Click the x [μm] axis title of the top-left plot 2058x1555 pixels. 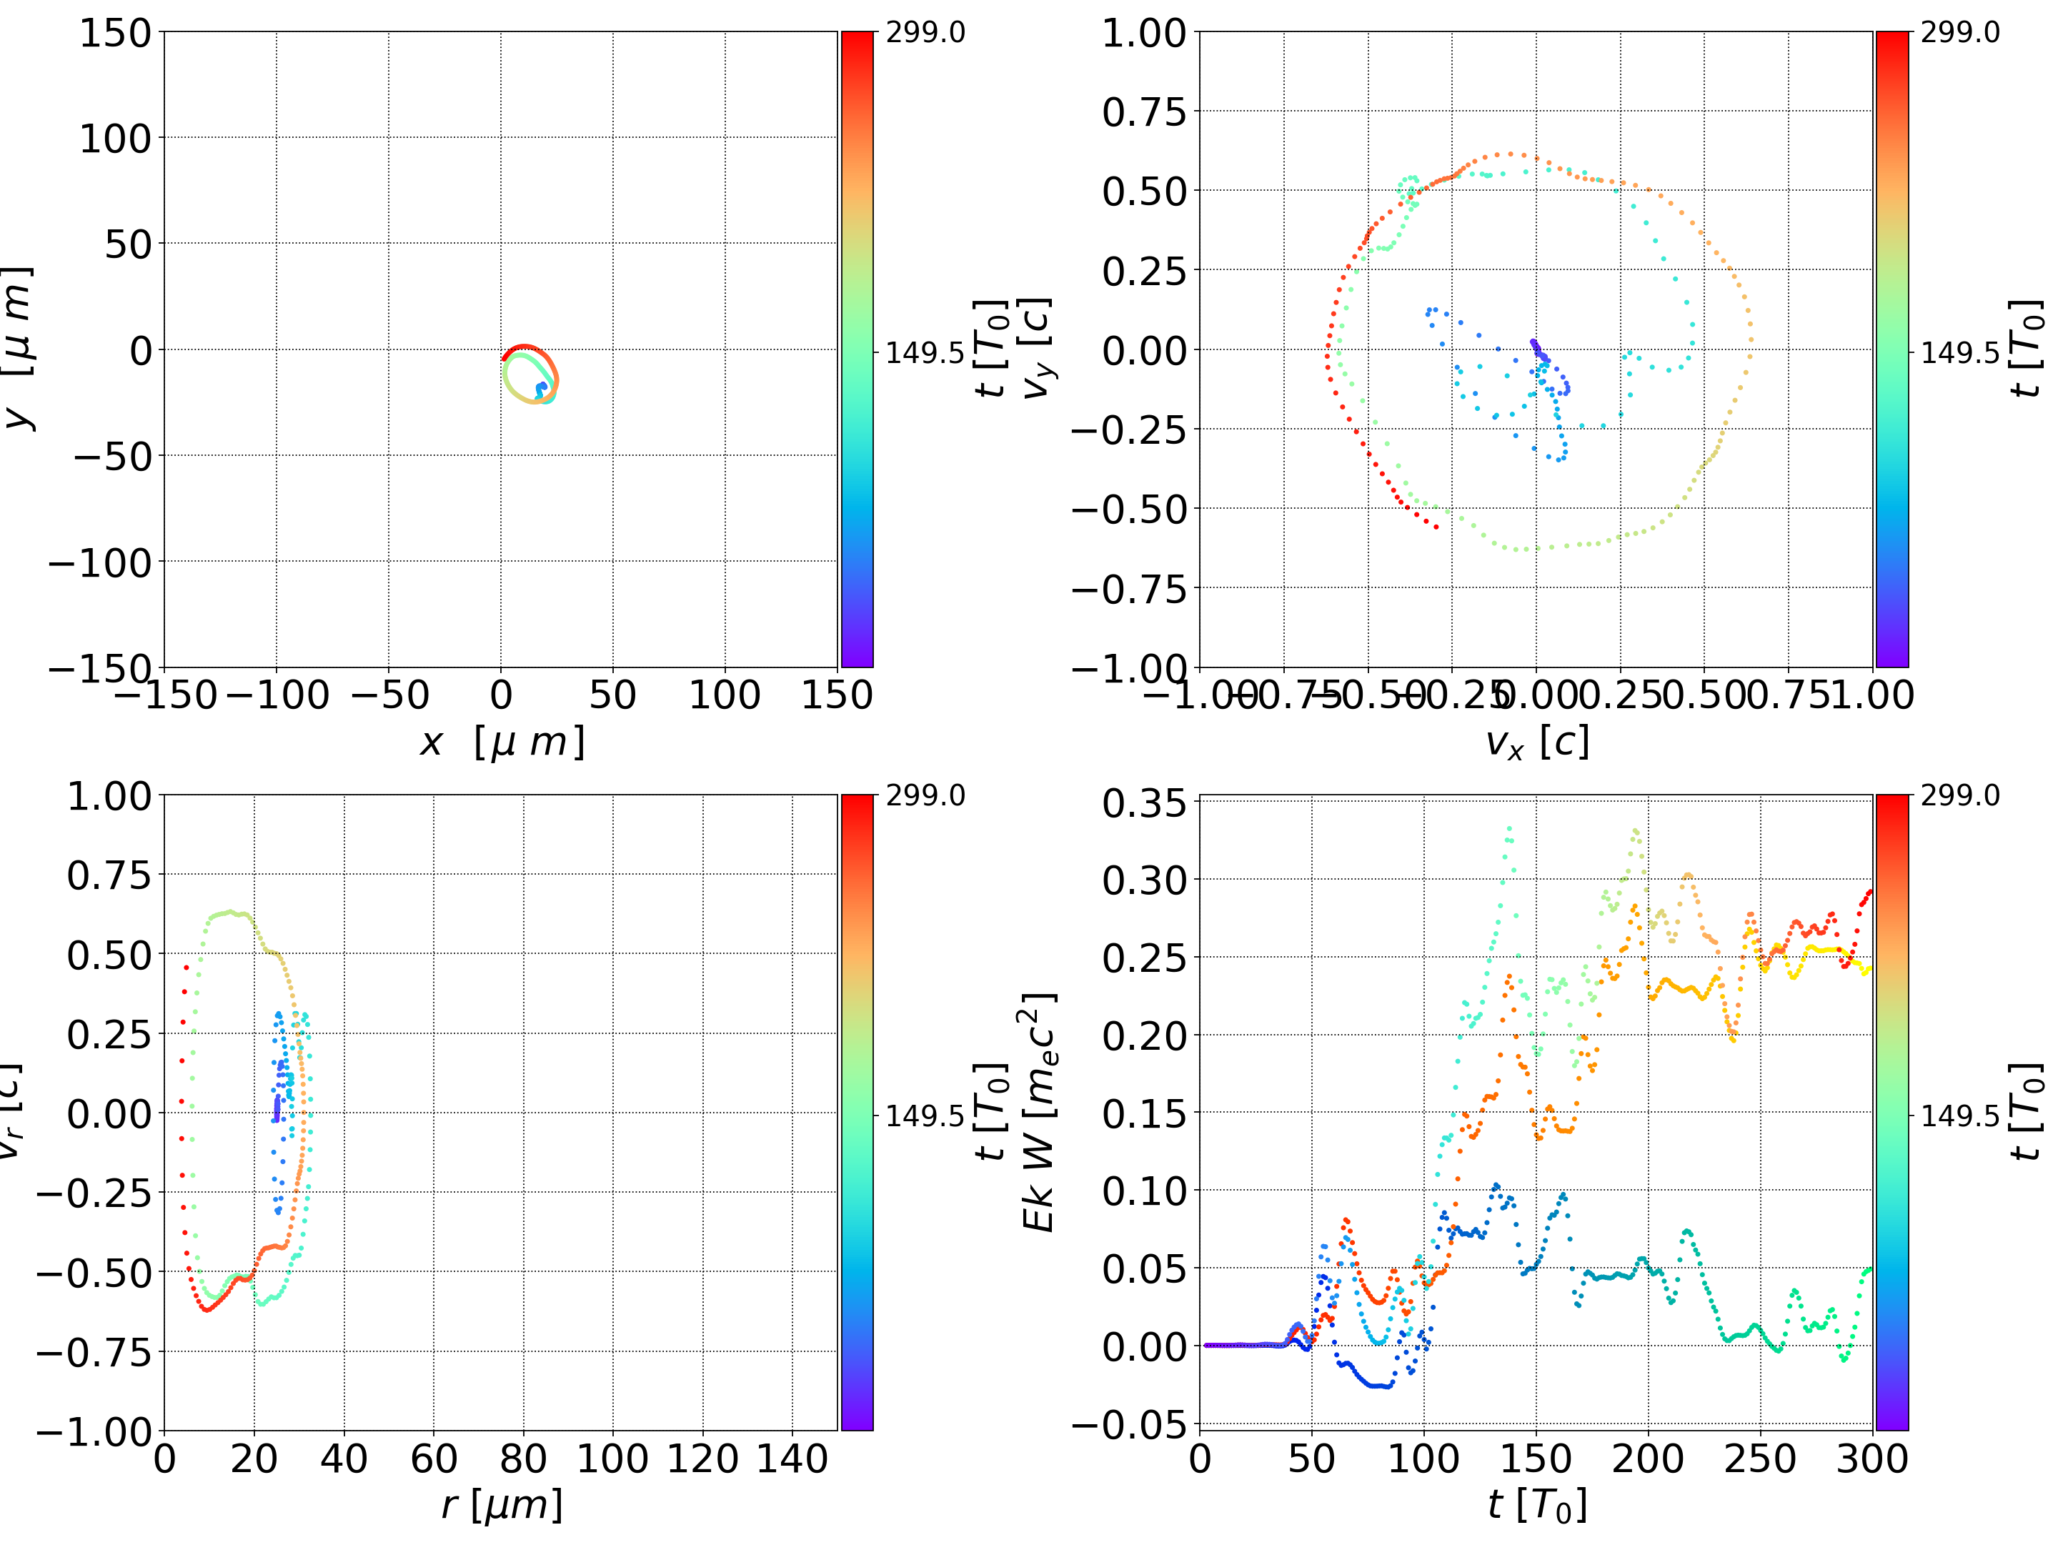(x=502, y=742)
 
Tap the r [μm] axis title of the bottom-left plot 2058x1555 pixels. (x=502, y=1505)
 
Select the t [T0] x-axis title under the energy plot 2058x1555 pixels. (x=1536, y=1505)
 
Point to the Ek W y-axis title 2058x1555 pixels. (x=1039, y=1113)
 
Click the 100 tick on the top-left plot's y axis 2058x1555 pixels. (x=114, y=139)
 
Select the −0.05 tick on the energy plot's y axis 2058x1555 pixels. (x=1130, y=1425)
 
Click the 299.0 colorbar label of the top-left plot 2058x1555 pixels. (x=925, y=33)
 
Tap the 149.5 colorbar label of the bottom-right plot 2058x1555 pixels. (x=1959, y=1115)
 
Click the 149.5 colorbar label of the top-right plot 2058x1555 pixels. (x=1959, y=353)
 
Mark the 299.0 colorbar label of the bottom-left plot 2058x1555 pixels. (x=925, y=795)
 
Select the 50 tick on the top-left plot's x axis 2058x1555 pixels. (x=613, y=695)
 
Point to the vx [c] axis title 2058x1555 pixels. (x=1536, y=742)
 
